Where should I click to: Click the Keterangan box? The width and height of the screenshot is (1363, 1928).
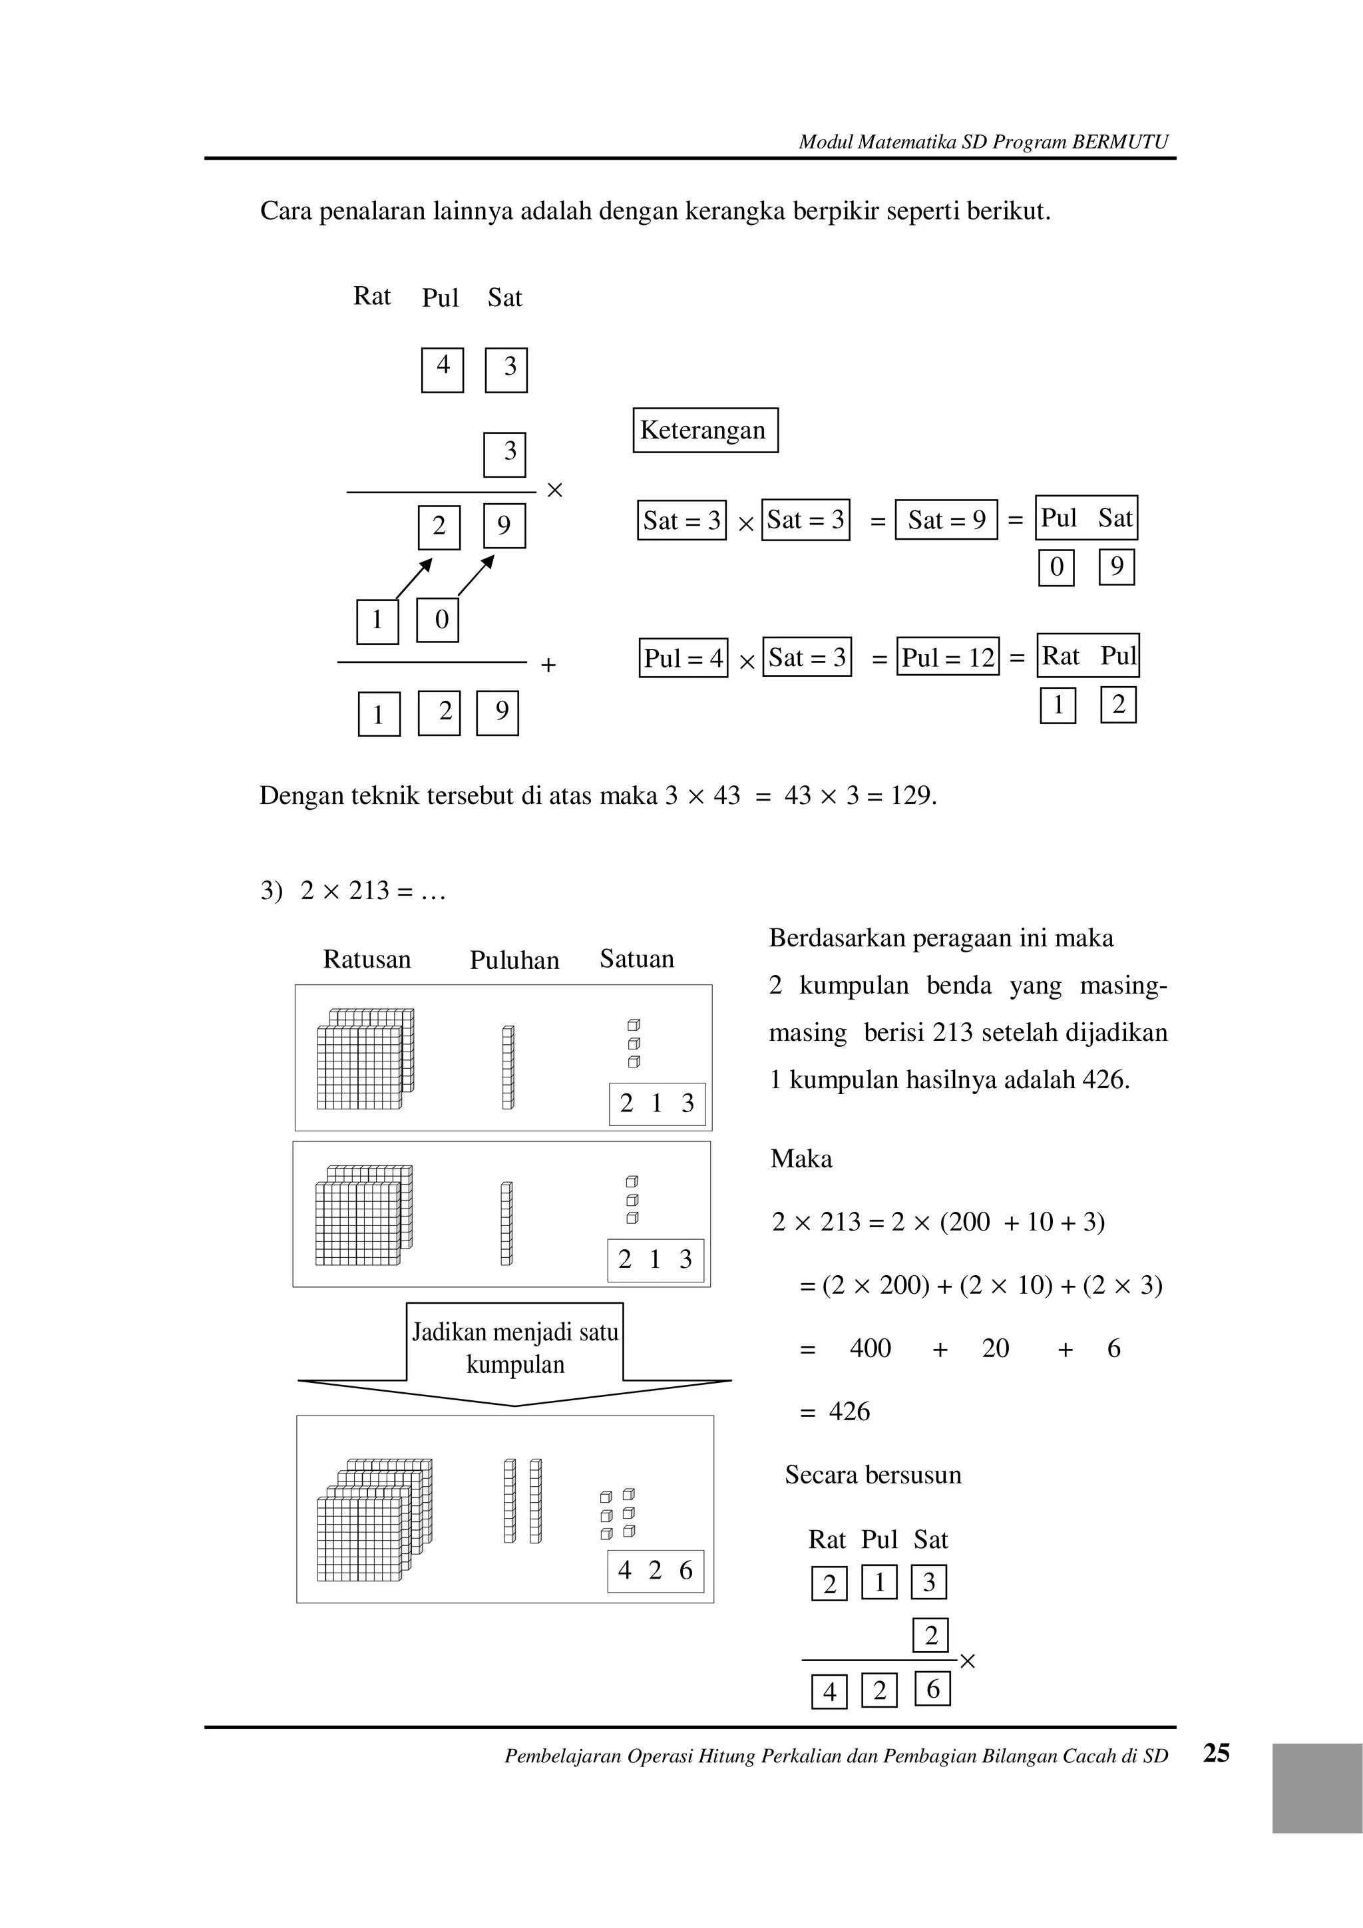coord(705,430)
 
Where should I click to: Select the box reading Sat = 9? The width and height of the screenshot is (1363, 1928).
coord(946,520)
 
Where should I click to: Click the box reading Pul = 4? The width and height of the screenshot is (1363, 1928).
coord(683,658)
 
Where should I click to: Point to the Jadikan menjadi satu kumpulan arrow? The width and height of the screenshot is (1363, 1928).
coord(515,1352)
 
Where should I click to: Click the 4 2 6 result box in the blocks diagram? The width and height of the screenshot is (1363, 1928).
coord(655,1570)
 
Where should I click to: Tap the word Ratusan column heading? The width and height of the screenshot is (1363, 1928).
coord(367,959)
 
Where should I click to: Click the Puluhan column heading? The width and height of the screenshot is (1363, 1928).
coord(514,960)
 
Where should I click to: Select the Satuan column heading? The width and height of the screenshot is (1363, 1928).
coord(636,958)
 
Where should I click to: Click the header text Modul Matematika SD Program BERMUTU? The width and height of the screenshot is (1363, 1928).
coord(982,142)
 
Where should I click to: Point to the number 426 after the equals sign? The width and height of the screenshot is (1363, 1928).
coord(849,1412)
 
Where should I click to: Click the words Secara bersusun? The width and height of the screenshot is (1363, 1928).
coord(873,1475)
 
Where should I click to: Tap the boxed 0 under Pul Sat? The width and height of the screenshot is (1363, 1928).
coord(1056,567)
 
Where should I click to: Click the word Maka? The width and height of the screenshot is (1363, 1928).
coord(801,1159)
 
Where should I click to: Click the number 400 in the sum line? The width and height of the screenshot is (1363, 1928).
coord(870,1348)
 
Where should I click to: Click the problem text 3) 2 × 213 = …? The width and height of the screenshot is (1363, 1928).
coord(353,890)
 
